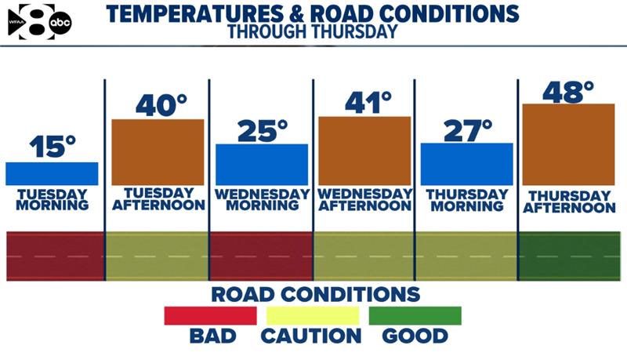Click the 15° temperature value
click(x=53, y=147)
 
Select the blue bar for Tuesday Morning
click(x=52, y=173)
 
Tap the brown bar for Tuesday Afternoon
click(x=158, y=152)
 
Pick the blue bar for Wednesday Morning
click(x=262, y=165)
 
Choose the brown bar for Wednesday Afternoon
click(x=364, y=151)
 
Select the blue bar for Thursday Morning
click(x=467, y=164)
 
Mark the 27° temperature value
click(x=468, y=129)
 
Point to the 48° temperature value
click(x=568, y=91)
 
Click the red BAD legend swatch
click(x=210, y=315)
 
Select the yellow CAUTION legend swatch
click(x=313, y=315)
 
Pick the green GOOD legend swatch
click(x=415, y=315)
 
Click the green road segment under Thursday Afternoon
click(x=569, y=256)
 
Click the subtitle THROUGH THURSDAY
click(x=312, y=32)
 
